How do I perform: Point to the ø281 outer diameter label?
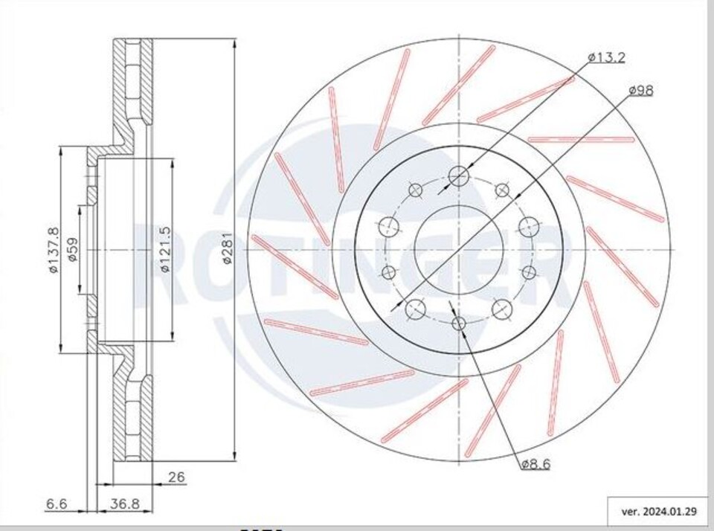(x=228, y=249)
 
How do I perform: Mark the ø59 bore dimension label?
(x=73, y=250)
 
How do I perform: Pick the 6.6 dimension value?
(x=57, y=504)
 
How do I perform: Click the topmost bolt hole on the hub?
(x=459, y=176)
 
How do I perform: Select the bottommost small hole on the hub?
(x=459, y=323)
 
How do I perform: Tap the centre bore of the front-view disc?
(x=459, y=250)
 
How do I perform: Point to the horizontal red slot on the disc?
(x=581, y=139)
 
